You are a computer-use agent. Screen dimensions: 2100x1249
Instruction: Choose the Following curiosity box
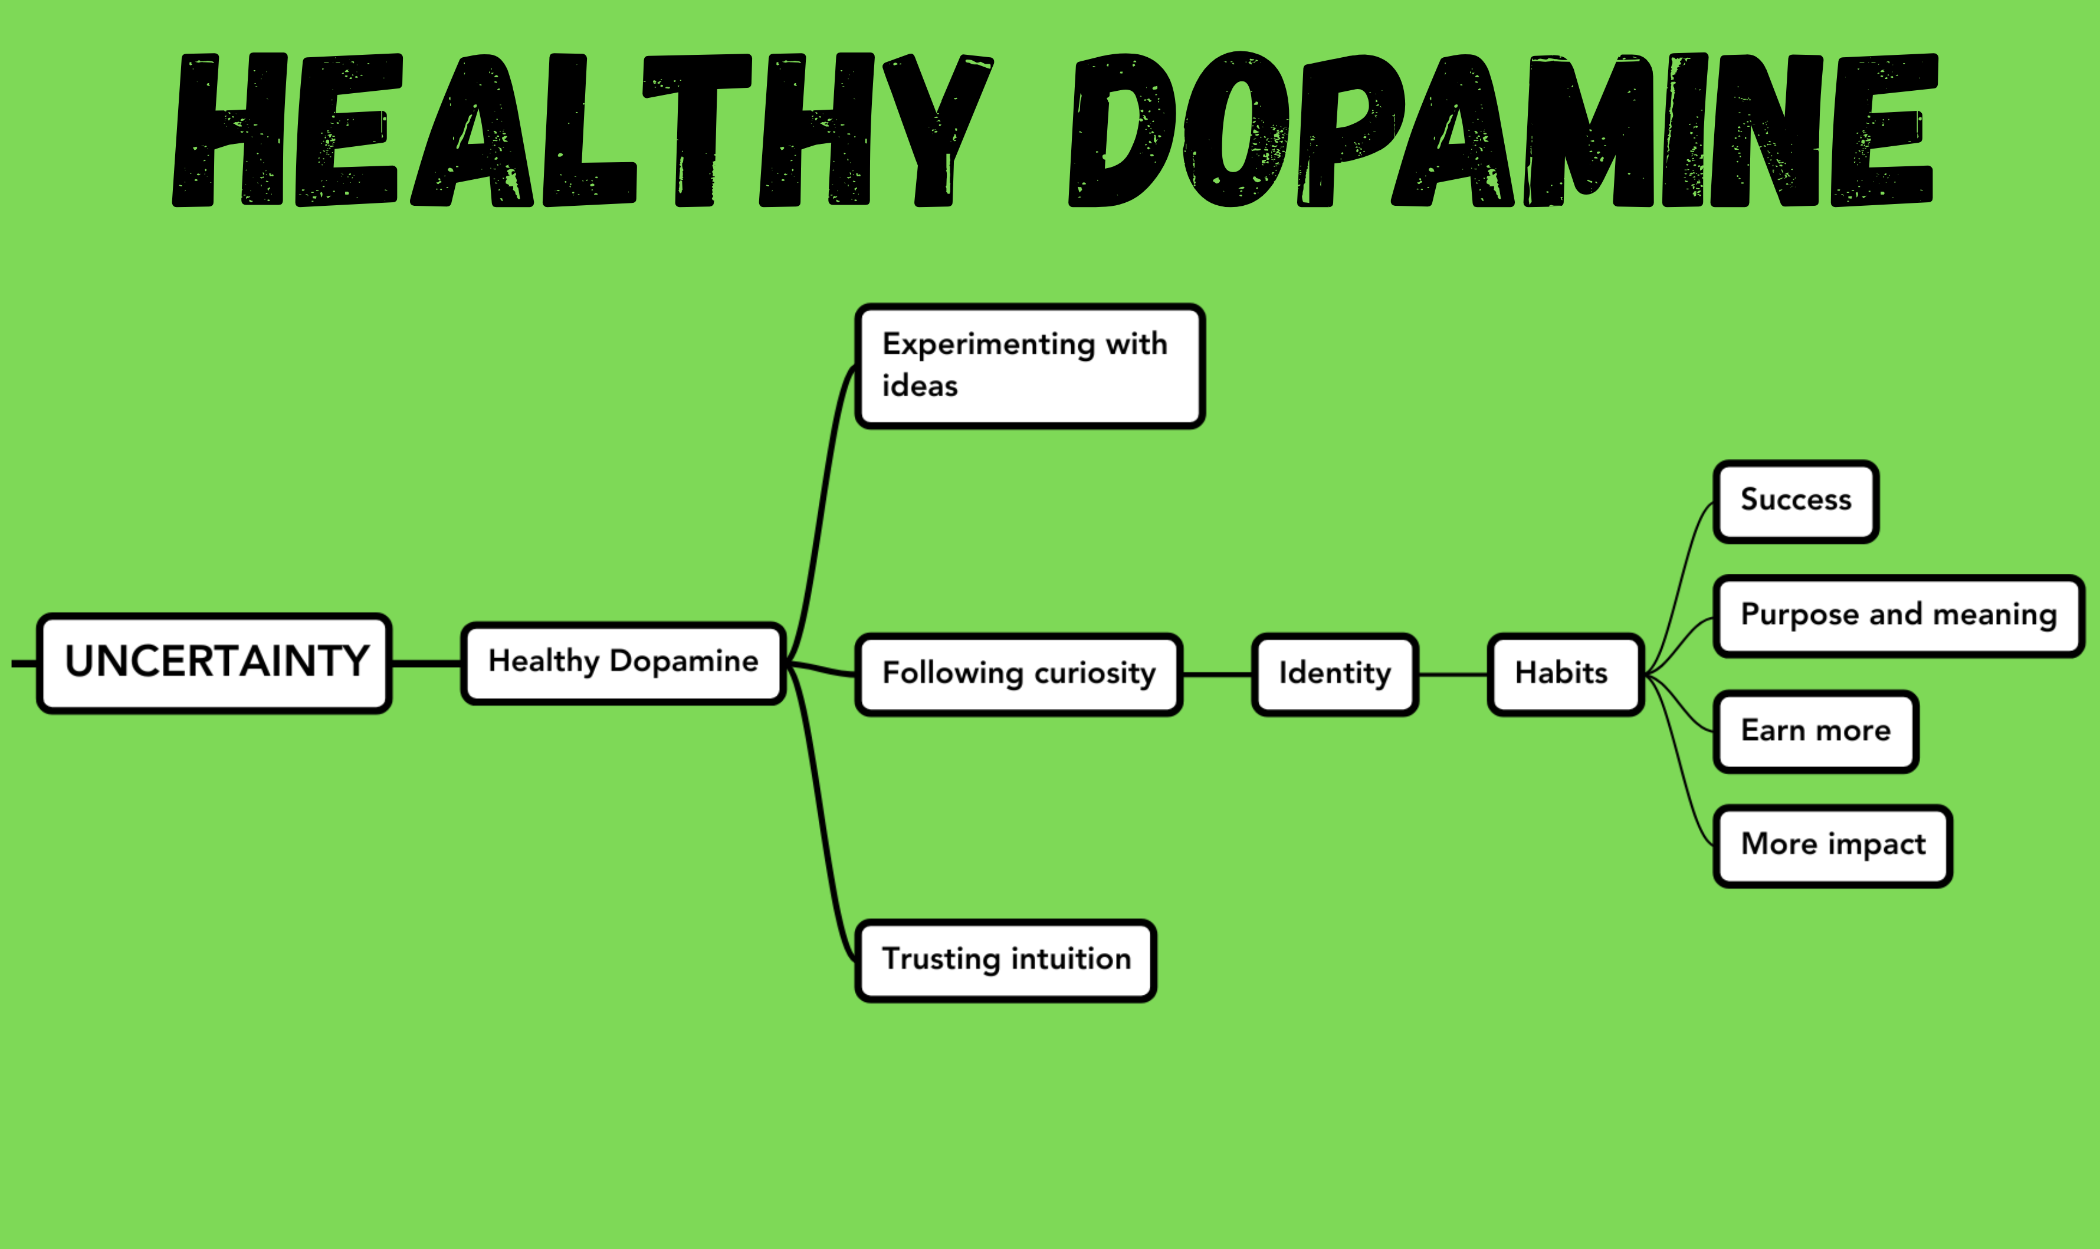[1018, 674]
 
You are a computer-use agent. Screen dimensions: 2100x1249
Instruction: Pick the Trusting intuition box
[1006, 960]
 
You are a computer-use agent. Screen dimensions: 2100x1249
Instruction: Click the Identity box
[1335, 674]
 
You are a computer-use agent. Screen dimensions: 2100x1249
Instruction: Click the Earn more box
[1816, 731]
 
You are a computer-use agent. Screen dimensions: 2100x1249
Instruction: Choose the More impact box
[1832, 846]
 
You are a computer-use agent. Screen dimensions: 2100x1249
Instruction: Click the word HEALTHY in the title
[581, 130]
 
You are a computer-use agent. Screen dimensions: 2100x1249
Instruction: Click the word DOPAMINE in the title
[1502, 130]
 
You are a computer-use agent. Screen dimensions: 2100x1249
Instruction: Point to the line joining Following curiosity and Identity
[1217, 674]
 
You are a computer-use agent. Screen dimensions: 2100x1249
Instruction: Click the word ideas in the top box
[919, 386]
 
